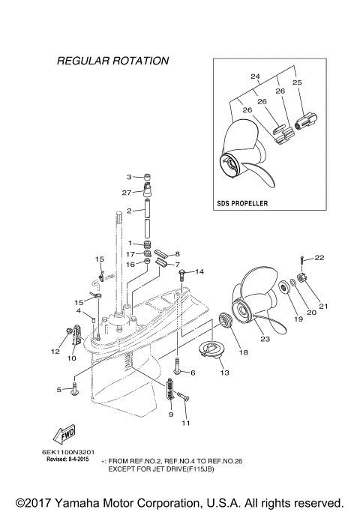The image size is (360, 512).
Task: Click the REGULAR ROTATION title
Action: pos(112,60)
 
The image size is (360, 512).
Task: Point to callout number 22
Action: pos(319,258)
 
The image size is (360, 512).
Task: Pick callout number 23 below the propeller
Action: pos(264,338)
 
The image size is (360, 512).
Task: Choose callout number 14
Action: pos(199,272)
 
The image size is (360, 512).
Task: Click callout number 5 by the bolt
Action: pos(59,389)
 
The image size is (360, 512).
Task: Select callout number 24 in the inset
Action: pos(255,76)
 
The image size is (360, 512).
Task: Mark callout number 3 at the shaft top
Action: pos(129,177)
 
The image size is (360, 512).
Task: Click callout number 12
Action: pos(55,351)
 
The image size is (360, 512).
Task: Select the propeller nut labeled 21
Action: pos(299,285)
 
